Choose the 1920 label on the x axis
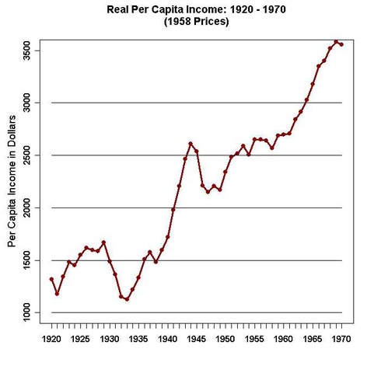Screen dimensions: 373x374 (51, 339)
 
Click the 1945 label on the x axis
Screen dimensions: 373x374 (196, 339)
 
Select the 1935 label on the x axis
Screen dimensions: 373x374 (138, 339)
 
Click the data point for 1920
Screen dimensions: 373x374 (51, 279)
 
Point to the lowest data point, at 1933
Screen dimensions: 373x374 (127, 299)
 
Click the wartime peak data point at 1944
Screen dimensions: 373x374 (190, 144)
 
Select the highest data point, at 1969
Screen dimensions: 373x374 (336, 42)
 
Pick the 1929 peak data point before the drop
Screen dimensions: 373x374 (103, 242)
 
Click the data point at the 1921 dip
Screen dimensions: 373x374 (57, 294)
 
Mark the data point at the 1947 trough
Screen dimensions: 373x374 (208, 191)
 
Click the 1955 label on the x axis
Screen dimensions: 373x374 (254, 339)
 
